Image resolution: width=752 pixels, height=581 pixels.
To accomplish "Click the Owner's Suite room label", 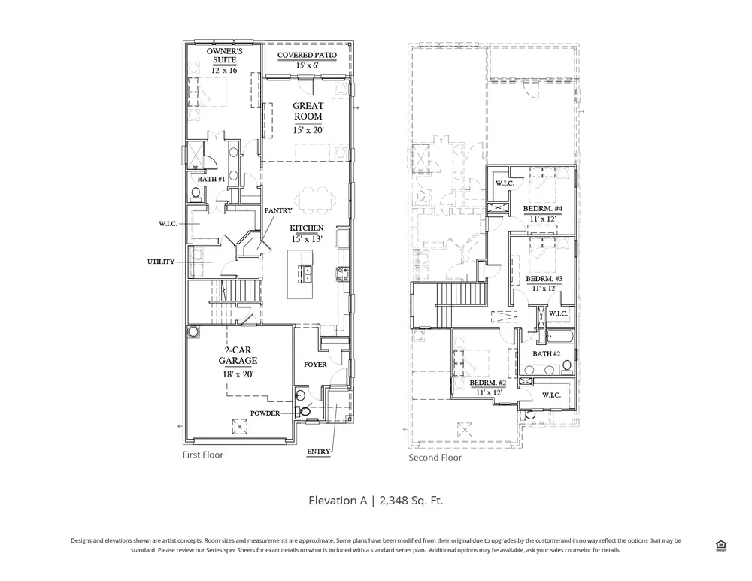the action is pos(224,55).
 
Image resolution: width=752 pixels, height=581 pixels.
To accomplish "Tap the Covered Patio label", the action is pos(307,55).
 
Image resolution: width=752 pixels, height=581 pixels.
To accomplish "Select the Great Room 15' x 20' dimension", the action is pos(308,130).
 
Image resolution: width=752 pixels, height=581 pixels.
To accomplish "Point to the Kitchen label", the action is pos(307,228).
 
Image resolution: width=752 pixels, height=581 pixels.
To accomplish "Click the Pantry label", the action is pos(278,210).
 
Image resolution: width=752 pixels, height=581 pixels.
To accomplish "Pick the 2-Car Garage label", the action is pos(238,356).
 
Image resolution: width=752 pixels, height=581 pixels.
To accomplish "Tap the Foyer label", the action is pos(315,365).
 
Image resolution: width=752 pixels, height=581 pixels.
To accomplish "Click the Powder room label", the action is pos(265,413).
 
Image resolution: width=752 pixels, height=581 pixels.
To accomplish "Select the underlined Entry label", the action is pos(318,452).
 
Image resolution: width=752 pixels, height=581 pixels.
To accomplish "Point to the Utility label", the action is pos(161,262).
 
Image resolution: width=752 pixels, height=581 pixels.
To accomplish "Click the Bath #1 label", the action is pos(211,180).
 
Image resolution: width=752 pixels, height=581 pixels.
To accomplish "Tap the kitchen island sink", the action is pos(305,274).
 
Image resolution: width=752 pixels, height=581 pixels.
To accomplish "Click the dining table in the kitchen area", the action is pos(316,200).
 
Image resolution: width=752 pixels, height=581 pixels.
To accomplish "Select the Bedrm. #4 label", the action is pos(542,209).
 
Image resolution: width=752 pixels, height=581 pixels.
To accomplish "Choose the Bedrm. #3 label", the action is pos(544,279).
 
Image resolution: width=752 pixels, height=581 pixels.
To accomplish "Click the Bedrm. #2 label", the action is pos(488,383).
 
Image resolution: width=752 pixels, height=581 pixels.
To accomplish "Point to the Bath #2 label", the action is pos(546,354).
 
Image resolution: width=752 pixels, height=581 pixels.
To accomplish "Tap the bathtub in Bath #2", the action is pos(559,337).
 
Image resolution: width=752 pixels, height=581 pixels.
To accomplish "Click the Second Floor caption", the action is pos(435,457).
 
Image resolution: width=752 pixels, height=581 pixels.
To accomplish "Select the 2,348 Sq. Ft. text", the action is pos(411,501).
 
